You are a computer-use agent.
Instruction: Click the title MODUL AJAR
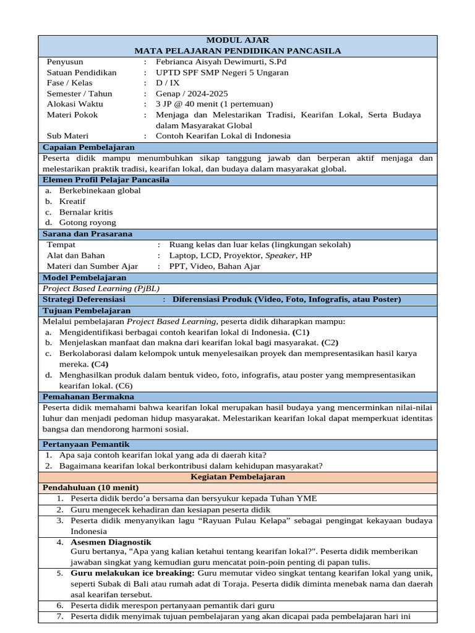(237, 40)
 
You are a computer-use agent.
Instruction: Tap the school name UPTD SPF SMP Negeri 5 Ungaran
(222, 72)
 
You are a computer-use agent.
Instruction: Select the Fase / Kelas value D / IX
(165, 83)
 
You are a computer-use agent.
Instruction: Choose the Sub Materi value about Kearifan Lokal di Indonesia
(223, 136)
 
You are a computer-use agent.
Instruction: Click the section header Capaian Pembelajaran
(88, 147)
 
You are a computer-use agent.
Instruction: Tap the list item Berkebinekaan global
(100, 190)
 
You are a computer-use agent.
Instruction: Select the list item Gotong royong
(88, 223)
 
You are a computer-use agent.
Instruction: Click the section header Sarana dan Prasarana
(87, 234)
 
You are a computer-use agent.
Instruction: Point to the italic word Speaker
(280, 255)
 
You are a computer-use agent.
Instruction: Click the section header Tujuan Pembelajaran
(87, 310)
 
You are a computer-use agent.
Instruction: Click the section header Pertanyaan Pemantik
(86, 444)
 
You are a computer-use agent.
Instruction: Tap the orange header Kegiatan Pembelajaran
(237, 477)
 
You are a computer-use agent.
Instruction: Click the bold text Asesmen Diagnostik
(111, 542)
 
